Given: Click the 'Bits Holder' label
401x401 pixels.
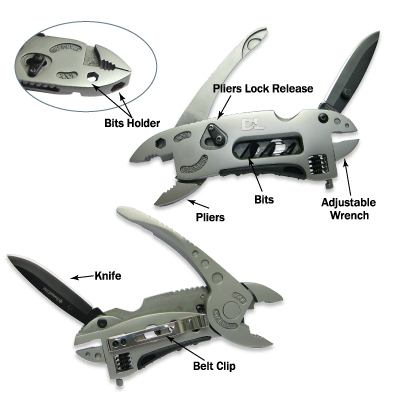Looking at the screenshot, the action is coord(132,123).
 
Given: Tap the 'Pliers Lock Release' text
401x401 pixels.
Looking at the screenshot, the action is coord(263,88).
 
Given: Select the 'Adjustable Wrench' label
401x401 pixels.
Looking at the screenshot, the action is coord(349,209).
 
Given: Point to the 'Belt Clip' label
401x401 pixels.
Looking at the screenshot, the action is coord(214,366).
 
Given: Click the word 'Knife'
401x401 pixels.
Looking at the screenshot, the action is coord(108,276).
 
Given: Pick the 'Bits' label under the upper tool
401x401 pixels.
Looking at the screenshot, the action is coord(264,199).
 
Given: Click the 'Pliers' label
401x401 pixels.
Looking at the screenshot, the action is coord(210,217).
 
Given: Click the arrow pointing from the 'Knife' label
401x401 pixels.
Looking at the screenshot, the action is coord(82,277).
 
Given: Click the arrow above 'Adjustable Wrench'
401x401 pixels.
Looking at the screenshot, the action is coord(347,177).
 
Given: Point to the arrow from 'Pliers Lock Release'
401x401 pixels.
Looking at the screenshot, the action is coord(224,107).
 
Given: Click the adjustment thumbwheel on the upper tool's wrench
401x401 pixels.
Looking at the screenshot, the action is coord(319,165).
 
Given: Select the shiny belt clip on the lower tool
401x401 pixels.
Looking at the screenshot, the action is coord(157,333).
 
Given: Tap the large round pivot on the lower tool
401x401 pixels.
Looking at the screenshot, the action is coord(231,309).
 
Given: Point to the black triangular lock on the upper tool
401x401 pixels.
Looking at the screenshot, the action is coord(213,136).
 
